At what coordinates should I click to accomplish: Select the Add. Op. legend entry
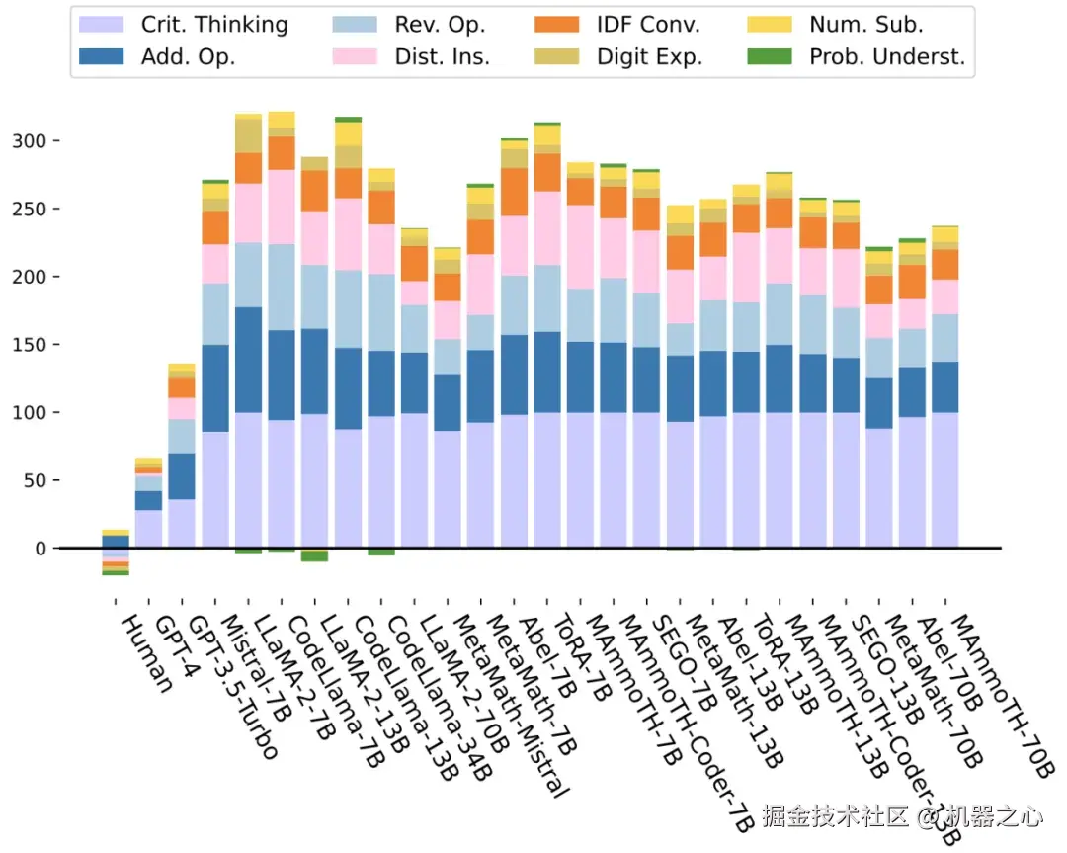188,56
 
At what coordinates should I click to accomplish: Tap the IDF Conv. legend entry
648,25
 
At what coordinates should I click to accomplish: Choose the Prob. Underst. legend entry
886,56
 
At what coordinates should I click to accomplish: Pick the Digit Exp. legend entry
649,56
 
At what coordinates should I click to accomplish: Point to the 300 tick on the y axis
31,141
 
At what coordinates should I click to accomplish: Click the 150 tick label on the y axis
31,345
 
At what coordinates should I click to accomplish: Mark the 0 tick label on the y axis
41,549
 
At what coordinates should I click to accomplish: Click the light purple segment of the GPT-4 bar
148,529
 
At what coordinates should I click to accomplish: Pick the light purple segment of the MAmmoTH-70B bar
945,479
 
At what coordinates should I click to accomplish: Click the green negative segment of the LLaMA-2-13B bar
315,555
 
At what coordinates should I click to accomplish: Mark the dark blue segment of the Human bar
116,541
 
